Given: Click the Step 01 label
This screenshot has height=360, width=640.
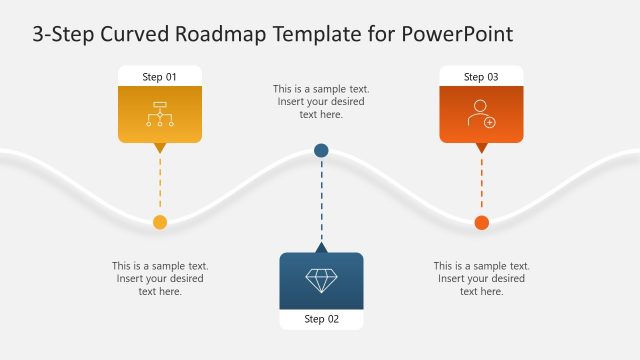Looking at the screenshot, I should (159, 77).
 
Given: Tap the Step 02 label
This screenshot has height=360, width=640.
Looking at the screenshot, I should (321, 319).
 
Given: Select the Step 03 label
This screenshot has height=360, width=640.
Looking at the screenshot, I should (481, 77).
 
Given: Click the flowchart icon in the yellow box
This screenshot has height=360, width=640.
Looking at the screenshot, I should (160, 115).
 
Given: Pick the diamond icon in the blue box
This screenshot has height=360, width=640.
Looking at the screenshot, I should (321, 280).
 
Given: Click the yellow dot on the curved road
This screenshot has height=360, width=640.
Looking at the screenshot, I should (159, 222).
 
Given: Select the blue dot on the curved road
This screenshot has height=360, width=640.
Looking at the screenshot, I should (321, 150).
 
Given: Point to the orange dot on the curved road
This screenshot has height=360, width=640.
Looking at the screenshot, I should (481, 222).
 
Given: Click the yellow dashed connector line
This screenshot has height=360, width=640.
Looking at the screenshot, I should (159, 185).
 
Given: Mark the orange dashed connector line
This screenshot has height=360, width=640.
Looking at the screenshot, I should (481, 185).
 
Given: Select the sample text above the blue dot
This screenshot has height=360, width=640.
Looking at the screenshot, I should (321, 102).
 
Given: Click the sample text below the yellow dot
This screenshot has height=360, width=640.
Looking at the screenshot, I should (160, 278).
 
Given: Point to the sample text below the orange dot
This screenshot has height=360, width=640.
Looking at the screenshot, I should (481, 278).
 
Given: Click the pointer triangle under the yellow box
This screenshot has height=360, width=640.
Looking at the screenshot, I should (159, 148).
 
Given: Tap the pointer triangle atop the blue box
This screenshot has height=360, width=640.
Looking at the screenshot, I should (321, 247).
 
